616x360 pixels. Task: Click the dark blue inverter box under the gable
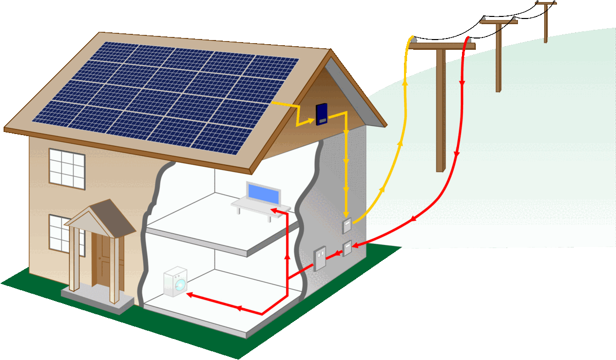pos(322,113)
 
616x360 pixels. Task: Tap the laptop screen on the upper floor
pos(264,193)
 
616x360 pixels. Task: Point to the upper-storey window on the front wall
pos(67,168)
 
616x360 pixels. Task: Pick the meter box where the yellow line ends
pos(347,225)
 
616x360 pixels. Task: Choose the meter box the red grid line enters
pos(348,249)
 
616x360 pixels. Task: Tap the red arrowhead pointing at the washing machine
pos(189,295)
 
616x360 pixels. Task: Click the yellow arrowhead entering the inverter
pos(311,122)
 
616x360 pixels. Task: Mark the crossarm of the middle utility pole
pos(498,22)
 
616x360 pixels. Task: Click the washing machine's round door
pos(178,285)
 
